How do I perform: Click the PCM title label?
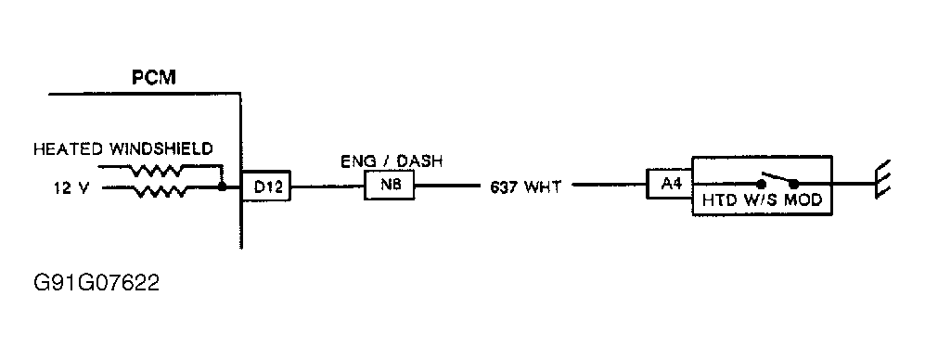tap(154, 78)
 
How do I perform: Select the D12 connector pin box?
tap(266, 187)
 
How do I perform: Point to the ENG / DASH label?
tap(390, 161)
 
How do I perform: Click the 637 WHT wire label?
tap(524, 187)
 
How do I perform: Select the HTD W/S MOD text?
tap(761, 199)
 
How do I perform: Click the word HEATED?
tap(67, 149)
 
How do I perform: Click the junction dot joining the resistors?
tap(223, 186)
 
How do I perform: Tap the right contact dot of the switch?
tap(793, 185)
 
